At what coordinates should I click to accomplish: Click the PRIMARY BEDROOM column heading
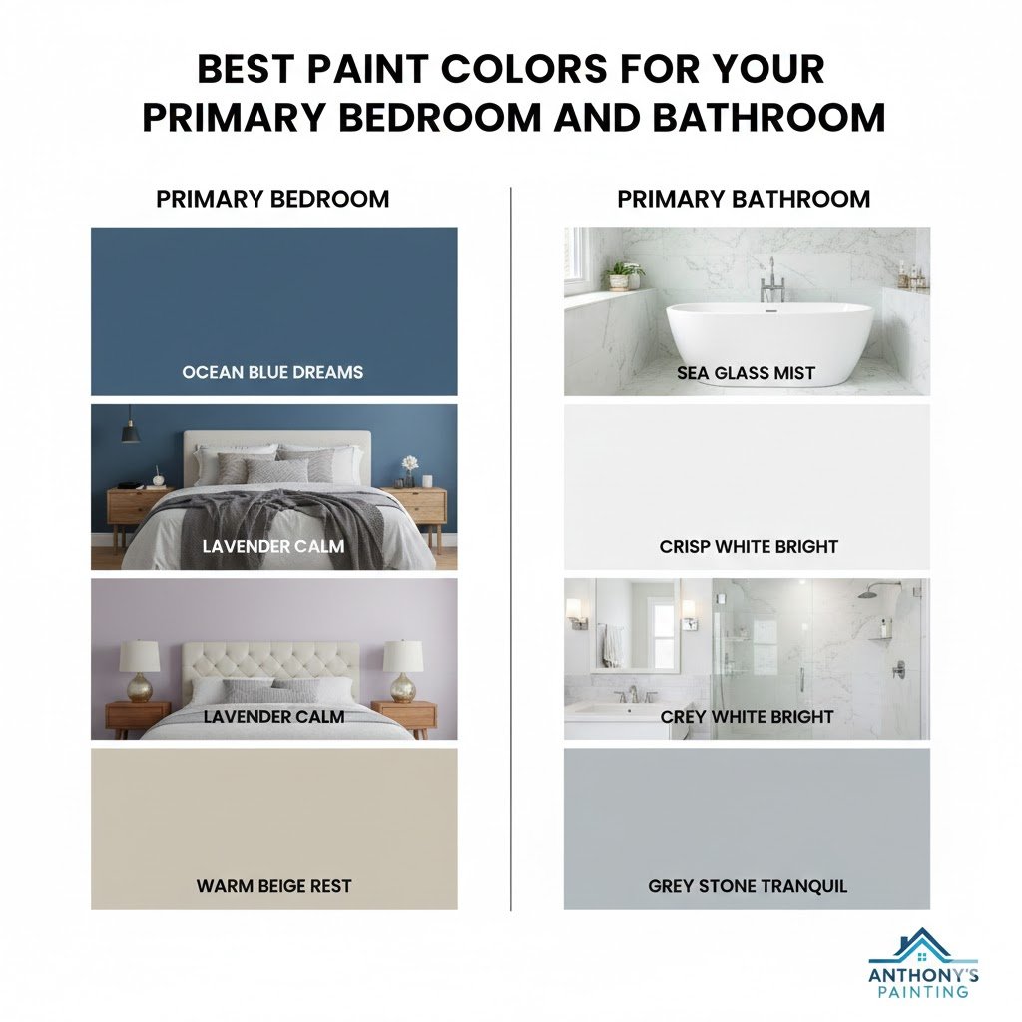[x=272, y=199]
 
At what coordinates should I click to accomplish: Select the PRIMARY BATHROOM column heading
[x=744, y=199]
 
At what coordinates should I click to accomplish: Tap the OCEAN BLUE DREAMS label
[x=272, y=372]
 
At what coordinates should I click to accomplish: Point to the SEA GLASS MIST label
[x=746, y=374]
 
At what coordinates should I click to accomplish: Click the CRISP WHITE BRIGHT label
[x=749, y=546]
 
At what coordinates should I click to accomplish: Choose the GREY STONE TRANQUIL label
[x=748, y=885]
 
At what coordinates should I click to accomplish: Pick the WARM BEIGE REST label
[x=273, y=885]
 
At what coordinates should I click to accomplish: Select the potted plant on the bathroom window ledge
[x=624, y=272]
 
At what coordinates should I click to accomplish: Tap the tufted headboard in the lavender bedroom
[x=268, y=659]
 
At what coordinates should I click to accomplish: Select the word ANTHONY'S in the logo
[x=923, y=975]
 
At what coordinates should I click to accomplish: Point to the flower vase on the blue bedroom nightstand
[x=409, y=469]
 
